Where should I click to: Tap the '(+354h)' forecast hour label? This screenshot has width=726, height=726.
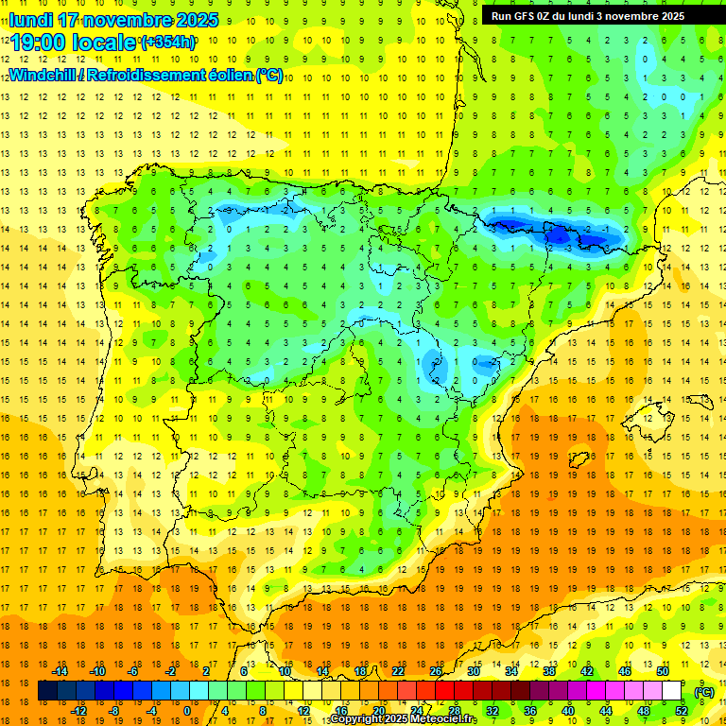tap(167, 42)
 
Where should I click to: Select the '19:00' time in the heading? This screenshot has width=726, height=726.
tap(36, 43)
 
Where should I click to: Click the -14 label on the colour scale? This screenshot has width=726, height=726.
tap(60, 671)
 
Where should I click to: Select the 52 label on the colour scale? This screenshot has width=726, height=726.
tap(681, 710)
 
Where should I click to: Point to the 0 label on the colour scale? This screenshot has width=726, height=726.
tap(186, 710)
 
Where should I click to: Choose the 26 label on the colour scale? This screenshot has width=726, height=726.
tap(436, 671)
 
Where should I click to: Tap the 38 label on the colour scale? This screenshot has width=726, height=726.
tap(548, 671)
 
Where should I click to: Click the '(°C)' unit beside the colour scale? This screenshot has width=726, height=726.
tap(704, 692)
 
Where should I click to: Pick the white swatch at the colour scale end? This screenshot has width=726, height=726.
tap(671, 691)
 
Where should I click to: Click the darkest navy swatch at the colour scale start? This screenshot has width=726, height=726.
tap(47, 691)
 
